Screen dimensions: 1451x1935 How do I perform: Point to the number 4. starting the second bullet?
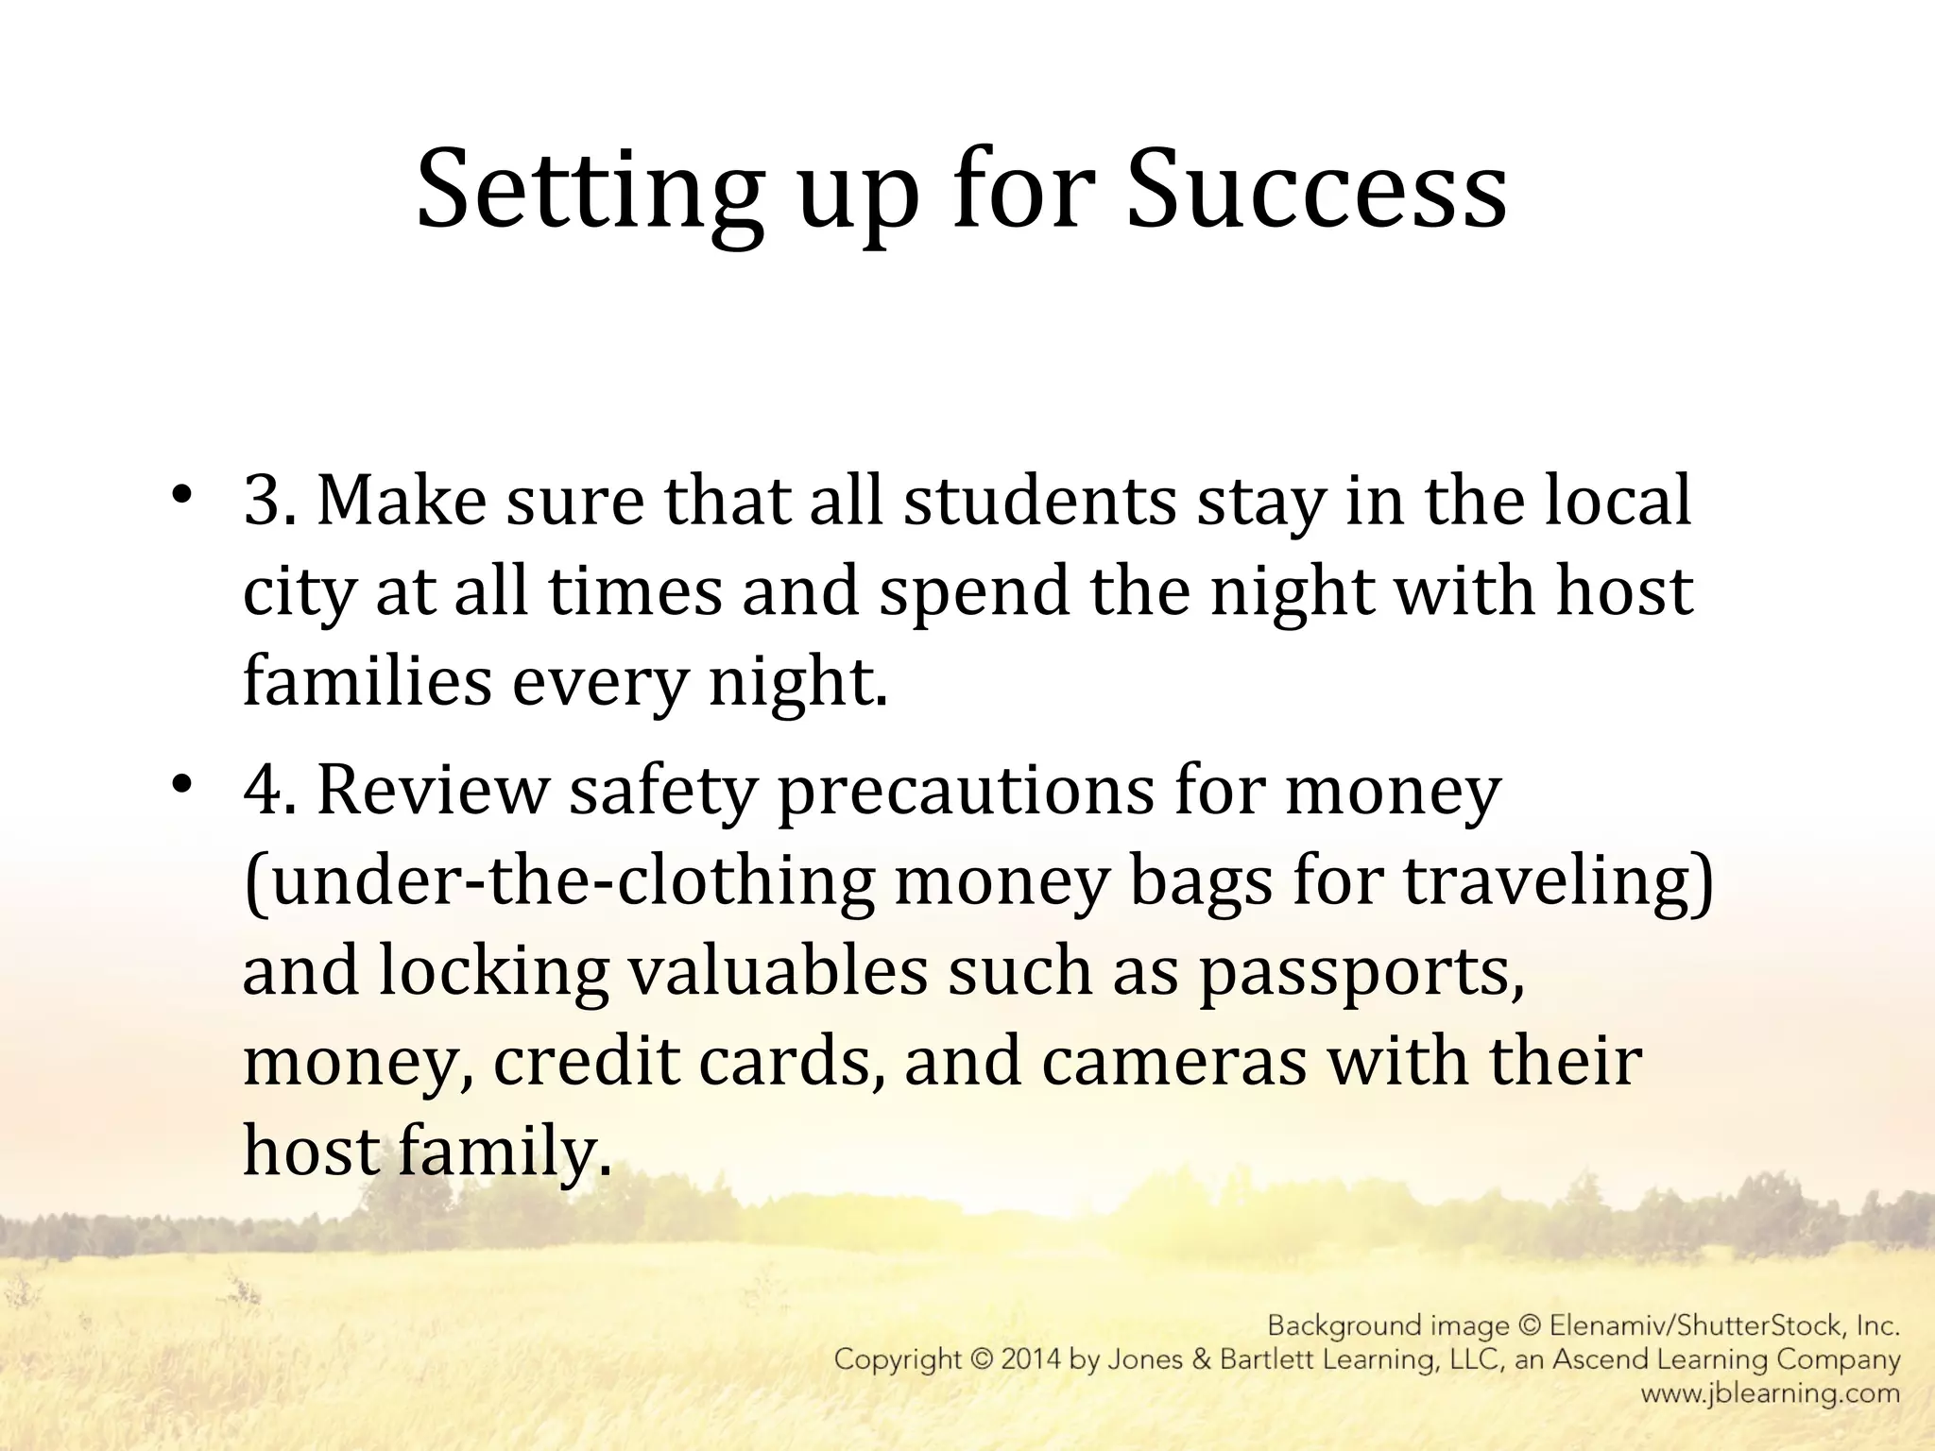[x=270, y=790]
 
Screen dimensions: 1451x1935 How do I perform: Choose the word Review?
[x=433, y=790]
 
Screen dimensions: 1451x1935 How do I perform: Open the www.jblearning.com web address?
[x=1770, y=1393]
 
